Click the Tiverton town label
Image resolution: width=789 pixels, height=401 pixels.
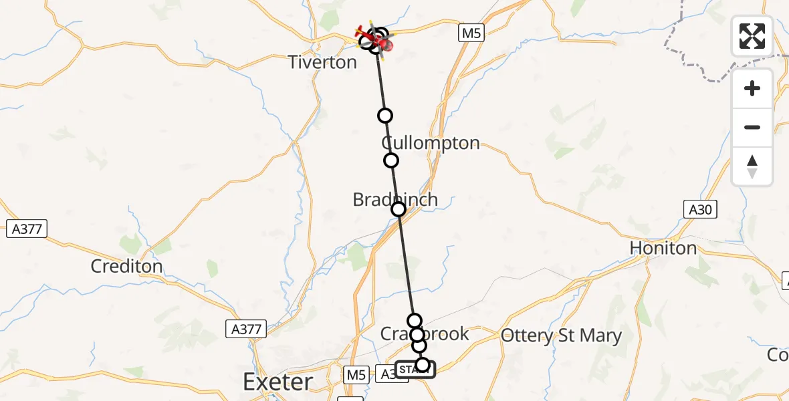[322, 62]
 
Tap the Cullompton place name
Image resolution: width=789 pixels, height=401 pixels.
[431, 143]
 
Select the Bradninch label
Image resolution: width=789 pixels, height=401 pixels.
[395, 199]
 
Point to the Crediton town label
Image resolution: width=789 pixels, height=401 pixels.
[127, 266]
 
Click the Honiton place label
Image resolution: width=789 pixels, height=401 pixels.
[663, 248]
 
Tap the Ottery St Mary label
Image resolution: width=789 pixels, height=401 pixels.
[561, 336]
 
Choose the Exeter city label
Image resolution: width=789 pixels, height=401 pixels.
[277, 382]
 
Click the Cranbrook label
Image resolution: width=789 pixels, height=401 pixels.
[425, 333]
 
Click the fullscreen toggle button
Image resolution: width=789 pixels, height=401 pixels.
[752, 36]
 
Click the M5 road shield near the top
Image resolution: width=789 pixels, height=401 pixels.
[471, 33]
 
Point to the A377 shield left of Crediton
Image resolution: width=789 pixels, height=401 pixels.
[27, 229]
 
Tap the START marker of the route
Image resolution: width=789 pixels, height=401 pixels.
[415, 370]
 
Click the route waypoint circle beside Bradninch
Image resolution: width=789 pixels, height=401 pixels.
[399, 209]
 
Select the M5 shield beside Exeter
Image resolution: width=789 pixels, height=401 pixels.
[354, 374]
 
